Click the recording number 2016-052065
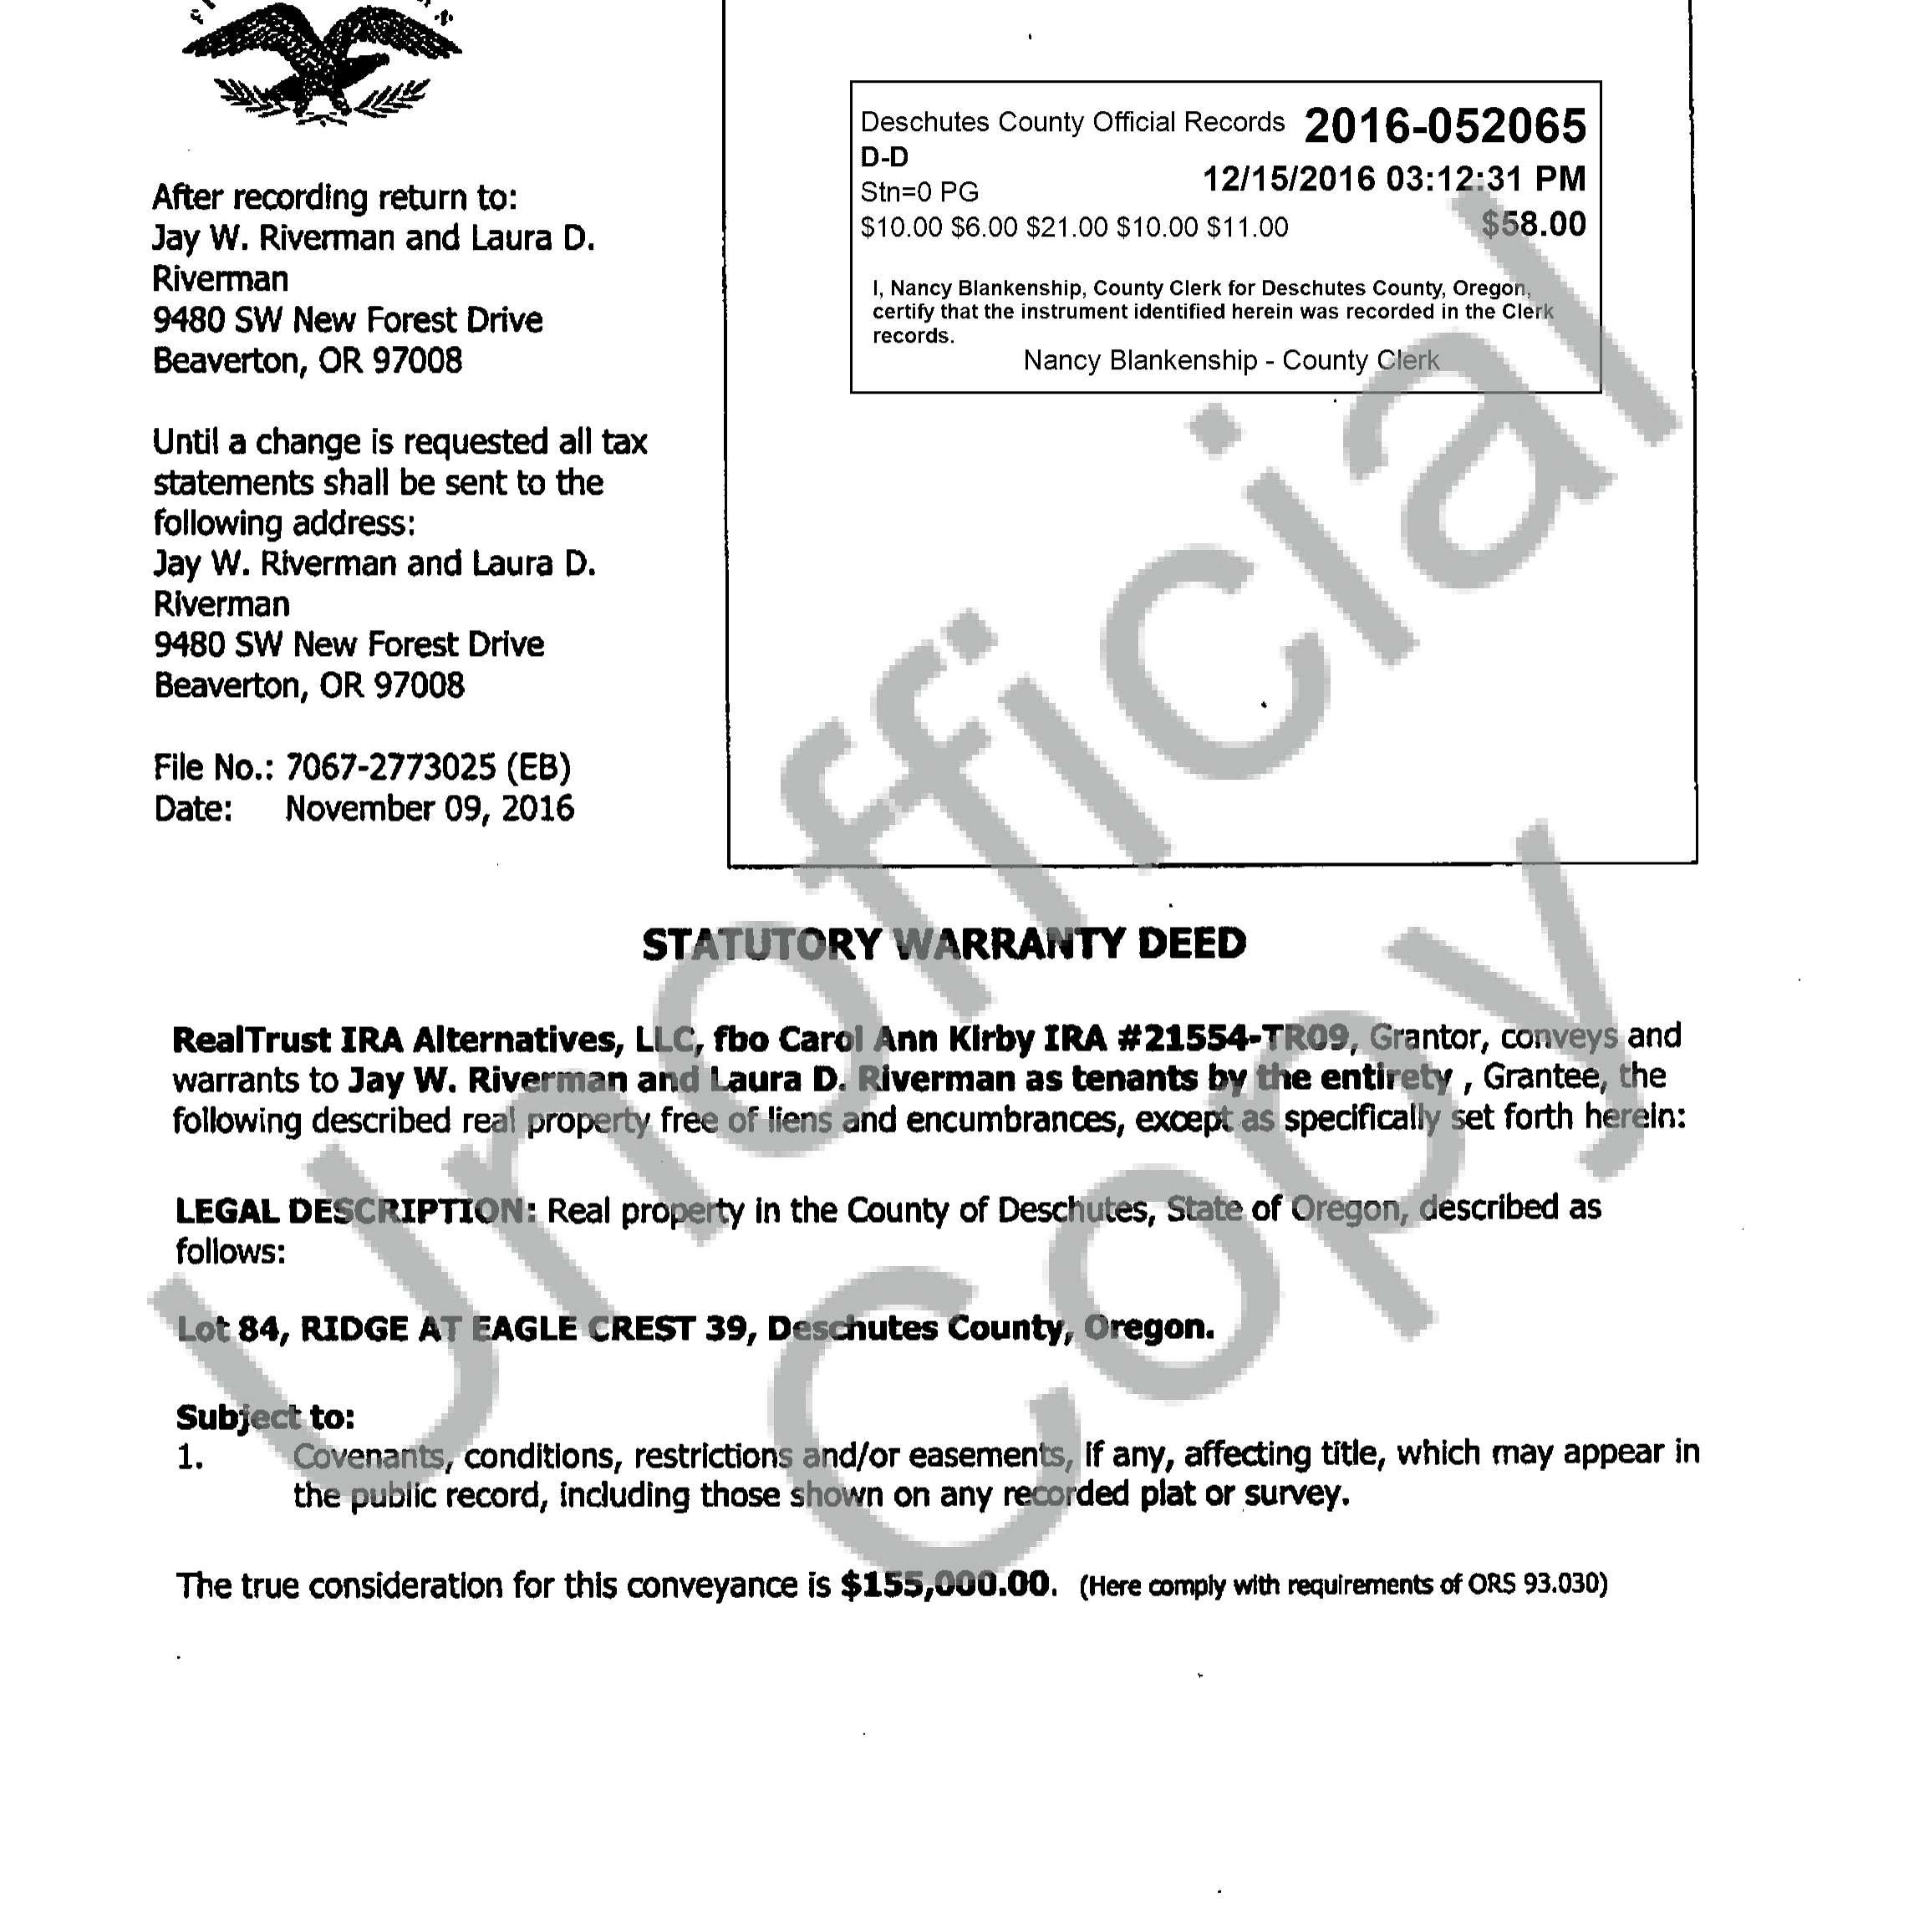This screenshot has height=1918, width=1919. click(1445, 126)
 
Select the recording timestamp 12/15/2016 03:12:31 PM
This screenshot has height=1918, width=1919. click(1393, 179)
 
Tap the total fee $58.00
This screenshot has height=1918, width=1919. click(1534, 225)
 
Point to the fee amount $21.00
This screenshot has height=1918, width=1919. click(1066, 227)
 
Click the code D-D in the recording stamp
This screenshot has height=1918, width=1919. click(884, 157)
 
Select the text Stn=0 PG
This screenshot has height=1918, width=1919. click(919, 191)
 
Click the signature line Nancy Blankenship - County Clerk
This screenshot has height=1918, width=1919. click(1230, 359)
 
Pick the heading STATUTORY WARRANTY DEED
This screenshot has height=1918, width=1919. click(944, 944)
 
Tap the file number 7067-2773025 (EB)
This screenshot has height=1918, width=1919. click(428, 768)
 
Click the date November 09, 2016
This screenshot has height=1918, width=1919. click(429, 808)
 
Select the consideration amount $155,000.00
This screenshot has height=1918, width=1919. click(944, 1585)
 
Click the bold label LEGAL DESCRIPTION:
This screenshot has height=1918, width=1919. click(355, 1211)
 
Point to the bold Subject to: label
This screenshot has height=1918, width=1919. click(265, 1417)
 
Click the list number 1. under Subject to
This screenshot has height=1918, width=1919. click(190, 1458)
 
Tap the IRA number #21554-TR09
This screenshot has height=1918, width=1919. click(1233, 1038)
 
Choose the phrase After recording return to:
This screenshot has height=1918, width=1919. click(334, 198)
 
